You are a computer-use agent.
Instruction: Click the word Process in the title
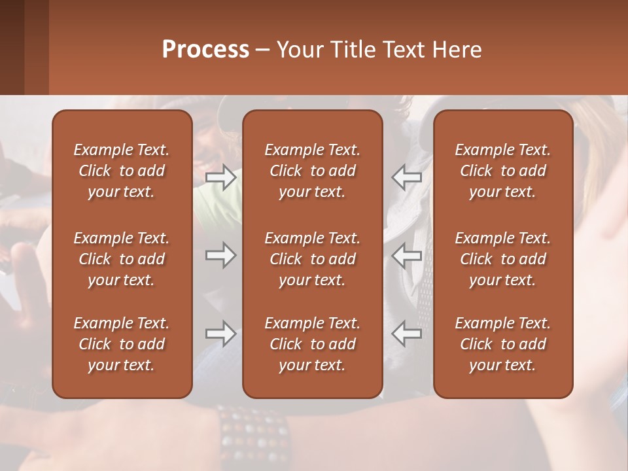[205, 49]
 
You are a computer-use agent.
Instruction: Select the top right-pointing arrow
[221, 177]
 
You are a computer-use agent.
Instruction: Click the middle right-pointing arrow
[221, 255]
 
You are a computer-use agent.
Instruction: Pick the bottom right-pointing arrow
[221, 334]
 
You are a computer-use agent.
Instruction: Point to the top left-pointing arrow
[406, 177]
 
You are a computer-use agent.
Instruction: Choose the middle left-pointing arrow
[406, 255]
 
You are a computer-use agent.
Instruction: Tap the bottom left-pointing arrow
[406, 334]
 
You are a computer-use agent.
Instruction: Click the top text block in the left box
[122, 171]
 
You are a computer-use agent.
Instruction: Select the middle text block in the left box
[122, 259]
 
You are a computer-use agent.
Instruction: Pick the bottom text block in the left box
[122, 344]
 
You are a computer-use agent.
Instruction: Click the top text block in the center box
[313, 171]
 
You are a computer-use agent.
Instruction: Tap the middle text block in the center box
[313, 259]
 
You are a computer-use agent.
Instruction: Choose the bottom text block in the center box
[313, 344]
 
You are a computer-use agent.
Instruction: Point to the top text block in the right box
[503, 171]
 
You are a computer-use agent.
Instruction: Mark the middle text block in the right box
[503, 259]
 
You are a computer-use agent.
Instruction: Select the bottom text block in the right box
[503, 344]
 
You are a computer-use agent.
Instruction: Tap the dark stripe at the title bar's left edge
[12, 47]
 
